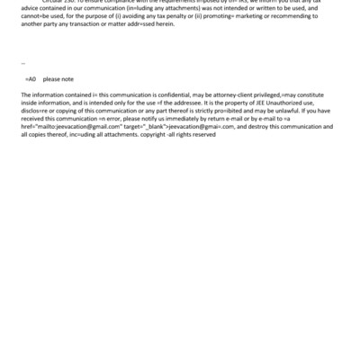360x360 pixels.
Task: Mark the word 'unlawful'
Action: pos(283,112)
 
